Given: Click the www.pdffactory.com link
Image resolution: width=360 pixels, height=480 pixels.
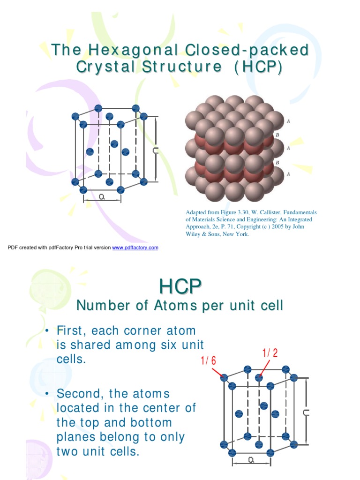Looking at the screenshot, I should click(x=135, y=247).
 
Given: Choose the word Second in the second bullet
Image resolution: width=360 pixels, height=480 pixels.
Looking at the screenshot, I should click(x=80, y=393).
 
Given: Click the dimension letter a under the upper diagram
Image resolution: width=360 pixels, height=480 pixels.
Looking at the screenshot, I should click(x=102, y=198).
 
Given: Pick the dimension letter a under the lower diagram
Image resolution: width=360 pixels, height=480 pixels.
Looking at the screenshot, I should click(x=251, y=460).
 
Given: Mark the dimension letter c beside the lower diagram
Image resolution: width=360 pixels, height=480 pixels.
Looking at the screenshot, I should click(x=306, y=412).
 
